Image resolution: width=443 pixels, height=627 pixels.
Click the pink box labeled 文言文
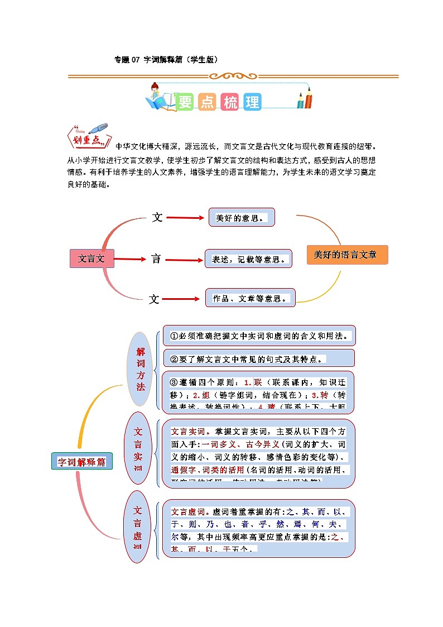pyautogui.click(x=92, y=259)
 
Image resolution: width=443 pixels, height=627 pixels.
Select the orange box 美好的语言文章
pyautogui.click(x=347, y=255)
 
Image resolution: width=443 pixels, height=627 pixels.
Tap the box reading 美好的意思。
pyautogui.click(x=242, y=218)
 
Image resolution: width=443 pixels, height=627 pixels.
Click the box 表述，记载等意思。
pyautogui.click(x=248, y=259)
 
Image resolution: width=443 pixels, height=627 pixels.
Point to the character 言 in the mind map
pyautogui.click(x=156, y=259)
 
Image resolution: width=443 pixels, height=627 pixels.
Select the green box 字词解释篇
pyautogui.click(x=81, y=462)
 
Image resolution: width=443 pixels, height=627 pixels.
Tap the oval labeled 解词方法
pyautogui.click(x=140, y=368)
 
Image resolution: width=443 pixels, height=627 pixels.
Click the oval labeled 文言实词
pyautogui.click(x=138, y=448)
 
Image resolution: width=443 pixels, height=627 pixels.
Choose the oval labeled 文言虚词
pyautogui.click(x=137, y=526)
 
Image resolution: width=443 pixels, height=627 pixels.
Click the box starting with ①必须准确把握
pyautogui.click(x=259, y=336)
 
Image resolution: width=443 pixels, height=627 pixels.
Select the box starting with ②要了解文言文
pyautogui.click(x=258, y=358)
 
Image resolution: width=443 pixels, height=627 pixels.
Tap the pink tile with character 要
pyautogui.click(x=185, y=102)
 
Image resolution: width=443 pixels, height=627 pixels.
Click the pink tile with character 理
pyautogui.click(x=252, y=102)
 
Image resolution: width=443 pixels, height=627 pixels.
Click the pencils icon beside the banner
pyautogui.click(x=304, y=98)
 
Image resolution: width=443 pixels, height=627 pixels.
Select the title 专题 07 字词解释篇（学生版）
pyautogui.click(x=166, y=59)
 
